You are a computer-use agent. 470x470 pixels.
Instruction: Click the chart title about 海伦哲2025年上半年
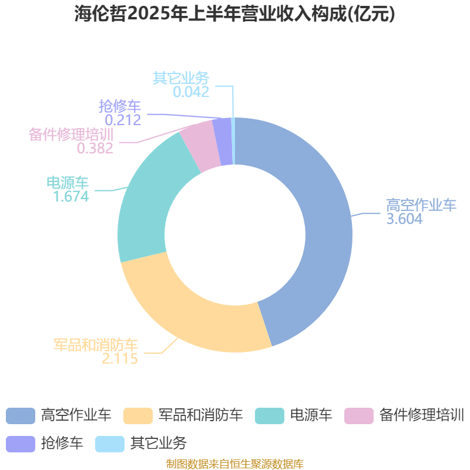(x=234, y=14)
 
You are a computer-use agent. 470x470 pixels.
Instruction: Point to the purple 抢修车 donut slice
(x=223, y=142)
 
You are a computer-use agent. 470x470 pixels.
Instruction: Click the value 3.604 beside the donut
(x=404, y=219)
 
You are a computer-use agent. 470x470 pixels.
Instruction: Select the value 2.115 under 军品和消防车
(x=120, y=358)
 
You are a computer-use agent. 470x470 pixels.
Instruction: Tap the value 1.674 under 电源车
(x=71, y=197)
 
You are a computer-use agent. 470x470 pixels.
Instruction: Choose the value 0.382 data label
(x=95, y=148)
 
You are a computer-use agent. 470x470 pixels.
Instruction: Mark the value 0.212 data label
(x=123, y=120)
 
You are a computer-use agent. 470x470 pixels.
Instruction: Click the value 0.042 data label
(x=191, y=92)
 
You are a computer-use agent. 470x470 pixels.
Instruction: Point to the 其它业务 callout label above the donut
(x=181, y=78)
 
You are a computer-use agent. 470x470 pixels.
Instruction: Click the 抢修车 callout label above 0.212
(x=120, y=106)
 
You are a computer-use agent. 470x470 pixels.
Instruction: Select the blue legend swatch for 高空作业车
(x=21, y=416)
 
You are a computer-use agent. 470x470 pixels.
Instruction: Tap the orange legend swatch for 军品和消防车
(x=138, y=416)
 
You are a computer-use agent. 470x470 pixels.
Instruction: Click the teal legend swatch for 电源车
(x=270, y=416)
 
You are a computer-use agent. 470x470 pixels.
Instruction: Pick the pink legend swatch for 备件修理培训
(x=359, y=416)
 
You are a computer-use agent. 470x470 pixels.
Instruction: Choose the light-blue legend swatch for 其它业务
(x=110, y=444)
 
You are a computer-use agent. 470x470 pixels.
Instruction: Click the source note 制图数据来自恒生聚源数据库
(x=234, y=464)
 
